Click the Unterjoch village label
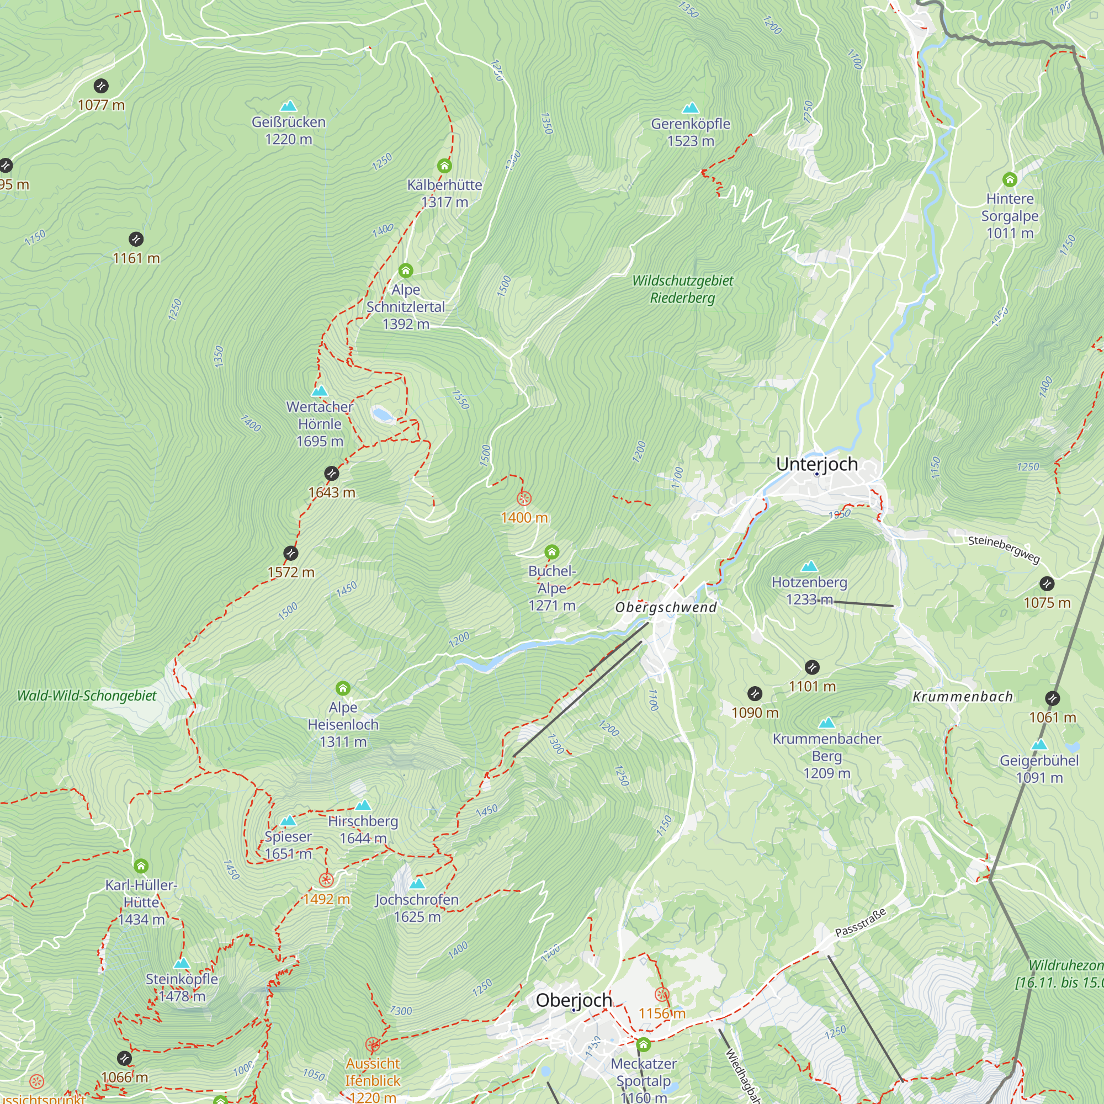click(x=816, y=464)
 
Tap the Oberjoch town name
click(x=574, y=1000)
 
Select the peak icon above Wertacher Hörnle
click(x=320, y=391)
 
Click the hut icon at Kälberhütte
click(x=444, y=166)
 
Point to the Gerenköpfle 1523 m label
click(x=691, y=132)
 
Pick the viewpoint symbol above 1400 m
click(x=524, y=499)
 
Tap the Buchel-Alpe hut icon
click(x=551, y=552)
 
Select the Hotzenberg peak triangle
click(x=809, y=566)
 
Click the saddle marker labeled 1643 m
click(x=331, y=474)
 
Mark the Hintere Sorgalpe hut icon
click(x=1010, y=180)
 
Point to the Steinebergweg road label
click(x=1004, y=549)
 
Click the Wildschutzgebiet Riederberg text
click(x=682, y=289)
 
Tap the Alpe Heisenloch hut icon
click(x=343, y=688)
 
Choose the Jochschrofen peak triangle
click(x=417, y=883)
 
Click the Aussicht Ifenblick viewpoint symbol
click(x=373, y=1045)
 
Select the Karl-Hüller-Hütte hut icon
click(x=141, y=866)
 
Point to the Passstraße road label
click(x=860, y=922)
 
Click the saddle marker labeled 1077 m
click(x=101, y=86)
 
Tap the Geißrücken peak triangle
click(x=289, y=107)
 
